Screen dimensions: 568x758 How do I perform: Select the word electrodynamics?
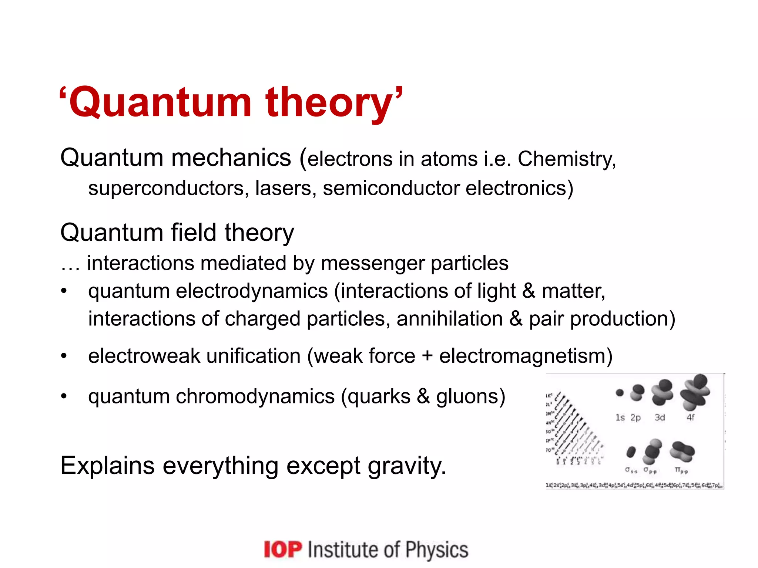click(252, 291)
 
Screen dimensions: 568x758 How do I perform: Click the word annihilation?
click(449, 319)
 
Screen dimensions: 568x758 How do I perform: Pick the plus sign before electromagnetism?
click(427, 356)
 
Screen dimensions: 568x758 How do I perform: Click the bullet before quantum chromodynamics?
click(64, 396)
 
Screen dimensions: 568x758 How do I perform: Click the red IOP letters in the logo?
click(283, 550)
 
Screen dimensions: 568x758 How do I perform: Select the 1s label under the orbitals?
click(620, 417)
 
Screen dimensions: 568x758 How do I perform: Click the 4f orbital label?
click(690, 417)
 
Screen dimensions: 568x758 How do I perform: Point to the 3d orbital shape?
click(662, 393)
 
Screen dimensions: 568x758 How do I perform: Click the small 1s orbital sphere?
click(620, 393)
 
